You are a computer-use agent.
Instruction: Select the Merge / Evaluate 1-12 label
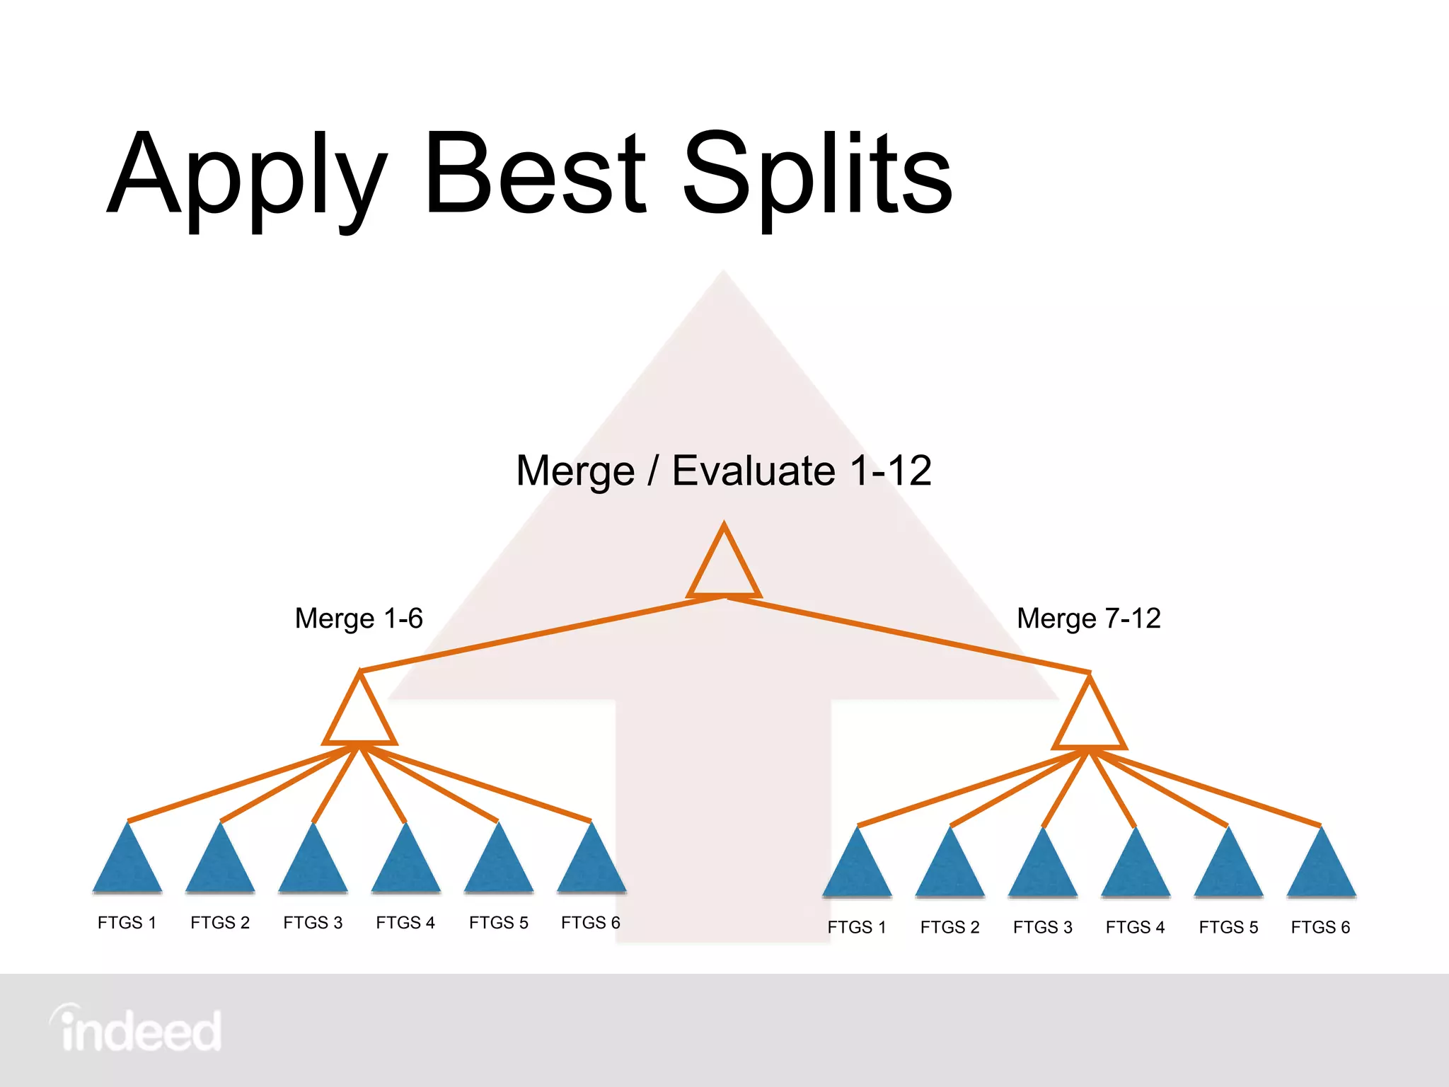pyautogui.click(x=724, y=471)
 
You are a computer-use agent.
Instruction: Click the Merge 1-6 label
pyautogui.click(x=359, y=619)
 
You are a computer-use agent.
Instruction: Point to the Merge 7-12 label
pyautogui.click(x=1088, y=619)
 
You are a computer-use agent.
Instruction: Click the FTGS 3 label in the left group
pyautogui.click(x=313, y=923)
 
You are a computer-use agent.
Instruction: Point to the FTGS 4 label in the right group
pyautogui.click(x=1135, y=927)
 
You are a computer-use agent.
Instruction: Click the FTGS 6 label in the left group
pyautogui.click(x=591, y=923)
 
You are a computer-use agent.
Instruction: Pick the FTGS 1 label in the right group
pyautogui.click(x=857, y=927)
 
